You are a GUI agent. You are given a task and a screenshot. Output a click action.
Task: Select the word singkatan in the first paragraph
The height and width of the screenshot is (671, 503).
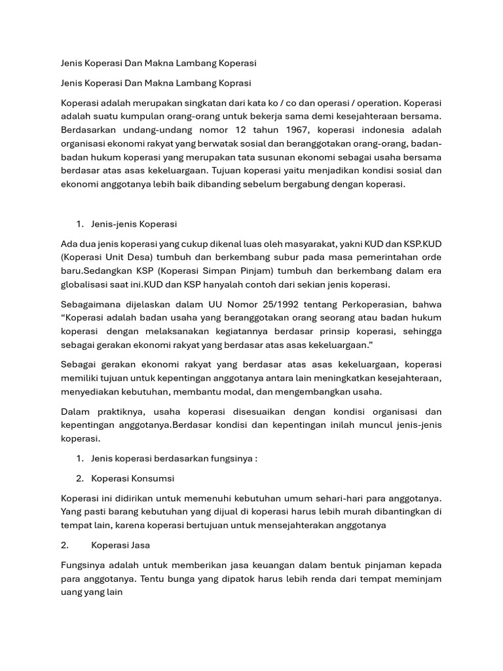207,104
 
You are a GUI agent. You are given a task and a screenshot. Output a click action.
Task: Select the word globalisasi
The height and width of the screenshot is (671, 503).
88,284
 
